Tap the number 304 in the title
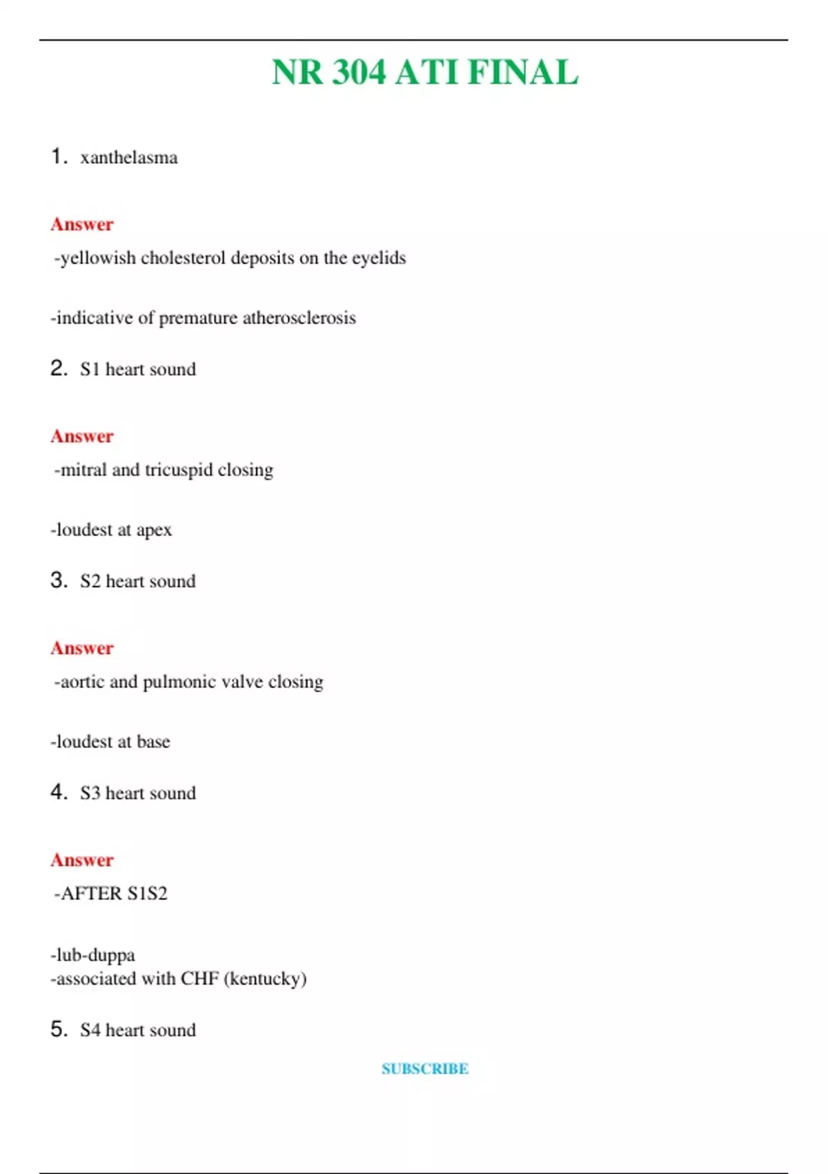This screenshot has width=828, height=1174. [x=358, y=73]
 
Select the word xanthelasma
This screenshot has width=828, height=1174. [x=129, y=157]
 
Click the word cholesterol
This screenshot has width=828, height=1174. [x=183, y=258]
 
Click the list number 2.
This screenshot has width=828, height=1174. [x=58, y=368]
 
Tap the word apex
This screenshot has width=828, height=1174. [x=154, y=530]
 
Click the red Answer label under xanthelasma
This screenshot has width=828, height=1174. [x=81, y=224]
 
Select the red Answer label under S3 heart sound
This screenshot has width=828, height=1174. [x=81, y=860]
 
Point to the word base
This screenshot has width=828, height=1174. [x=153, y=742]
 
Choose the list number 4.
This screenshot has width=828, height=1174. [x=58, y=792]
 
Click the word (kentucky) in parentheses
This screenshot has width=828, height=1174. [x=265, y=979]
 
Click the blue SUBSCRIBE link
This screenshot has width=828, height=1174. [x=425, y=1069]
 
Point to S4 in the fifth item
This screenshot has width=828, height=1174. [x=90, y=1030]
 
